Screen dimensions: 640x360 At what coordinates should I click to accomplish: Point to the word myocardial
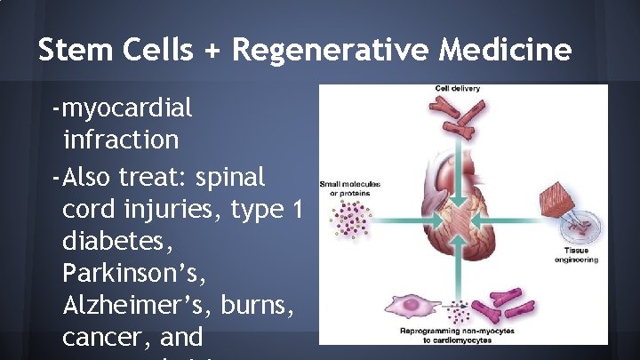pyautogui.click(x=124, y=108)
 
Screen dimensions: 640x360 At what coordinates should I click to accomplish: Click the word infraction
pyautogui.click(x=121, y=140)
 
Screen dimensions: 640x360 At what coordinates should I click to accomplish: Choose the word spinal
pyautogui.click(x=228, y=176)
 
